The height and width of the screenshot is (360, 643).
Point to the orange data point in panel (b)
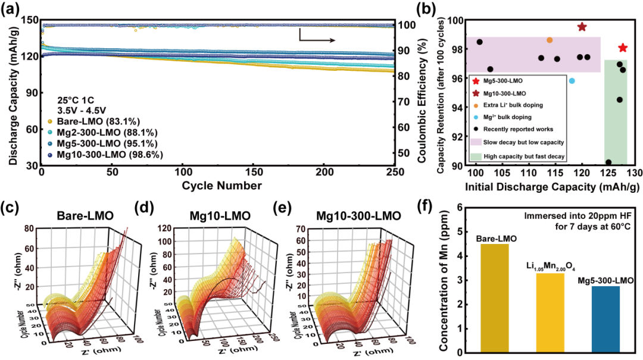tap(550, 40)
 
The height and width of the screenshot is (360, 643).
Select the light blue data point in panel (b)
tap(572, 81)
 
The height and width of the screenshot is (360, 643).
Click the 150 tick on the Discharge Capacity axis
tap(28, 20)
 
